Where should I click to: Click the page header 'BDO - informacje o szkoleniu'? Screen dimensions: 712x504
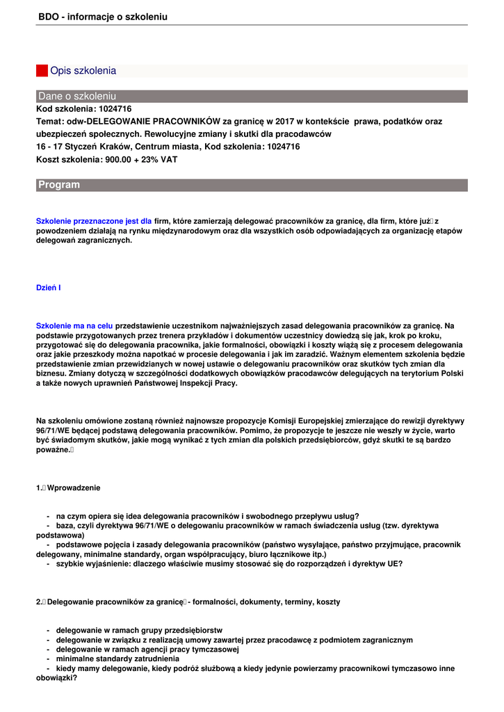click(103, 17)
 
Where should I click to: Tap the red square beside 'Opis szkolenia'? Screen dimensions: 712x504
click(42, 71)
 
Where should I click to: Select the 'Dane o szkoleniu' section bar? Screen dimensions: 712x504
click(252, 96)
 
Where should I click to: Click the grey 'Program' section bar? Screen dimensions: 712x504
click(252, 185)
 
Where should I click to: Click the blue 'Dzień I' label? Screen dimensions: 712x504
click(49, 287)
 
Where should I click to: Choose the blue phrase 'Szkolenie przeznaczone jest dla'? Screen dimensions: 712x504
click(94, 220)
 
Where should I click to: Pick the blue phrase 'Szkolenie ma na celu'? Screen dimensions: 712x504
click(74, 325)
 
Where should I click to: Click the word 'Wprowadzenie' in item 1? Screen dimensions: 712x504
click(74, 488)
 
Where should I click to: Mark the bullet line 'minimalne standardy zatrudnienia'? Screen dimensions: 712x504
click(117, 658)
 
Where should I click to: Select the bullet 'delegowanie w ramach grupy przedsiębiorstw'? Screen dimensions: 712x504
click(139, 630)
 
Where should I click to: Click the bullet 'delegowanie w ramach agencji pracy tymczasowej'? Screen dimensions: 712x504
click(147, 649)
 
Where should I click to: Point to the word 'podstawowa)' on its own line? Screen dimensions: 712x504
click(60, 536)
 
